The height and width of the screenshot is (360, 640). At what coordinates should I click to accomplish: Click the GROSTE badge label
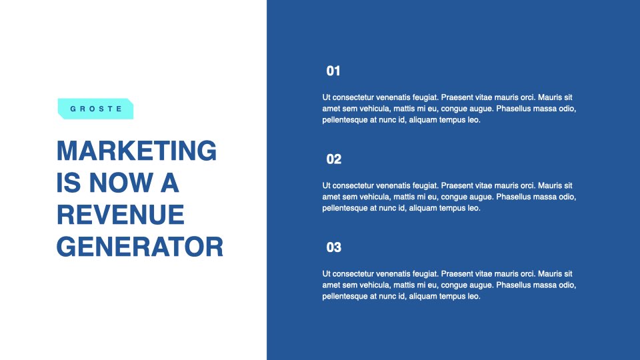pos(95,109)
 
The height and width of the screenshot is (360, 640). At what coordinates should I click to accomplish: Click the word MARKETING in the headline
pos(137,151)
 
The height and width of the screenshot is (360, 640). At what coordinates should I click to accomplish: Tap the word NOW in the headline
pos(121,183)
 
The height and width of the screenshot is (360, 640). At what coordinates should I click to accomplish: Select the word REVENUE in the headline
pos(121,215)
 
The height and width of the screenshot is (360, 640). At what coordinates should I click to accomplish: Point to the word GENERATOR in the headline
pos(140,247)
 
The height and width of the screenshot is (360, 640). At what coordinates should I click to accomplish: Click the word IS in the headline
pos(69,183)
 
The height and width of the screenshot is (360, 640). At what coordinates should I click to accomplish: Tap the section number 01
pos(333,71)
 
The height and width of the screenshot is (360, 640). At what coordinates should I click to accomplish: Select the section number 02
pos(334,159)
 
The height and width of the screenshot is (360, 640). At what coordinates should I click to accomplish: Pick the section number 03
pos(334,247)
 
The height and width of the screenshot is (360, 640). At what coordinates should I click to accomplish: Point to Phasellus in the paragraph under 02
pos(513,197)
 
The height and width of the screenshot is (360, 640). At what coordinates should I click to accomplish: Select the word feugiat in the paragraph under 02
pos(426,186)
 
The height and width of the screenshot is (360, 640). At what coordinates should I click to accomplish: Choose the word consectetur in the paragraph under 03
pos(353,274)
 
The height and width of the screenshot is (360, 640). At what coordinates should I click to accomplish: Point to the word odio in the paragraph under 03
pos(567,285)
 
